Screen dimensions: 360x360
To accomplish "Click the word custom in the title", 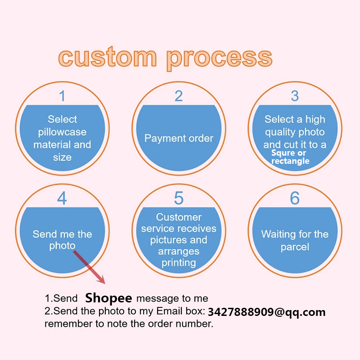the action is [x=108, y=58].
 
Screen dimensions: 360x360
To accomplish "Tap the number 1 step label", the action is [x=62, y=95].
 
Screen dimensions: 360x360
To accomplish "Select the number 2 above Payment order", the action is [x=179, y=95].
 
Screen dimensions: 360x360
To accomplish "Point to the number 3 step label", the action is [x=295, y=95].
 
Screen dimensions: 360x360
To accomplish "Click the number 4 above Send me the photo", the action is [x=62, y=198].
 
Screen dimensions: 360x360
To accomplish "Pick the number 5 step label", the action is [x=179, y=198].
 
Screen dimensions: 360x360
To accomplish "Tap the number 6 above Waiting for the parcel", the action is [x=295, y=198].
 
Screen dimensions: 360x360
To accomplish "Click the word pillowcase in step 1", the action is [x=62, y=132].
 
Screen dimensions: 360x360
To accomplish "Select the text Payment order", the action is [x=179, y=138].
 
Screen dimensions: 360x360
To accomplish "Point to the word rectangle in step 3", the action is [x=290, y=161].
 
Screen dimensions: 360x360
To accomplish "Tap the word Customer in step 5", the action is [x=179, y=217].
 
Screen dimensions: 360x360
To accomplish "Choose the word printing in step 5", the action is [x=179, y=262].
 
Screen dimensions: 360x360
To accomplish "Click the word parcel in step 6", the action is [x=295, y=247].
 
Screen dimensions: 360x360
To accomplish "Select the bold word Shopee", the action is [x=108, y=298].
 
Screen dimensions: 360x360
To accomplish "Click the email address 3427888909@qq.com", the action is [x=267, y=312].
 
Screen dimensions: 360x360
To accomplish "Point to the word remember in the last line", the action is [x=66, y=324].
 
